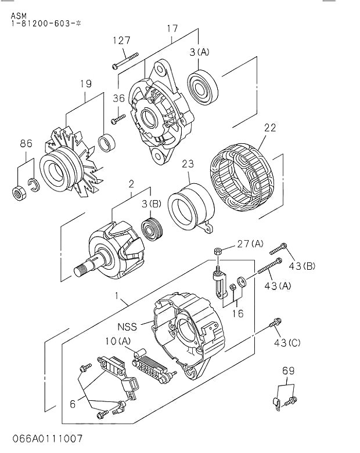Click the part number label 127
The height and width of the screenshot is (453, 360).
point(122,40)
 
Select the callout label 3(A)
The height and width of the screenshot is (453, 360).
point(199,52)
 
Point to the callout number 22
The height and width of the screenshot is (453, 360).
point(270,128)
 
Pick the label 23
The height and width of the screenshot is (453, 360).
point(187,164)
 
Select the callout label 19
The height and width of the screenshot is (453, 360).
point(85,84)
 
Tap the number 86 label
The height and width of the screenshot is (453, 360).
point(26,143)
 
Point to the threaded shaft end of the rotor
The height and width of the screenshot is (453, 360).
point(83,269)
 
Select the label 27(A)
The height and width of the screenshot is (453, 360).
point(250,244)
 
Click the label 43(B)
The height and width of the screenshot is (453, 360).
point(302,266)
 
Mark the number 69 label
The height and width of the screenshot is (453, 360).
point(289,370)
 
